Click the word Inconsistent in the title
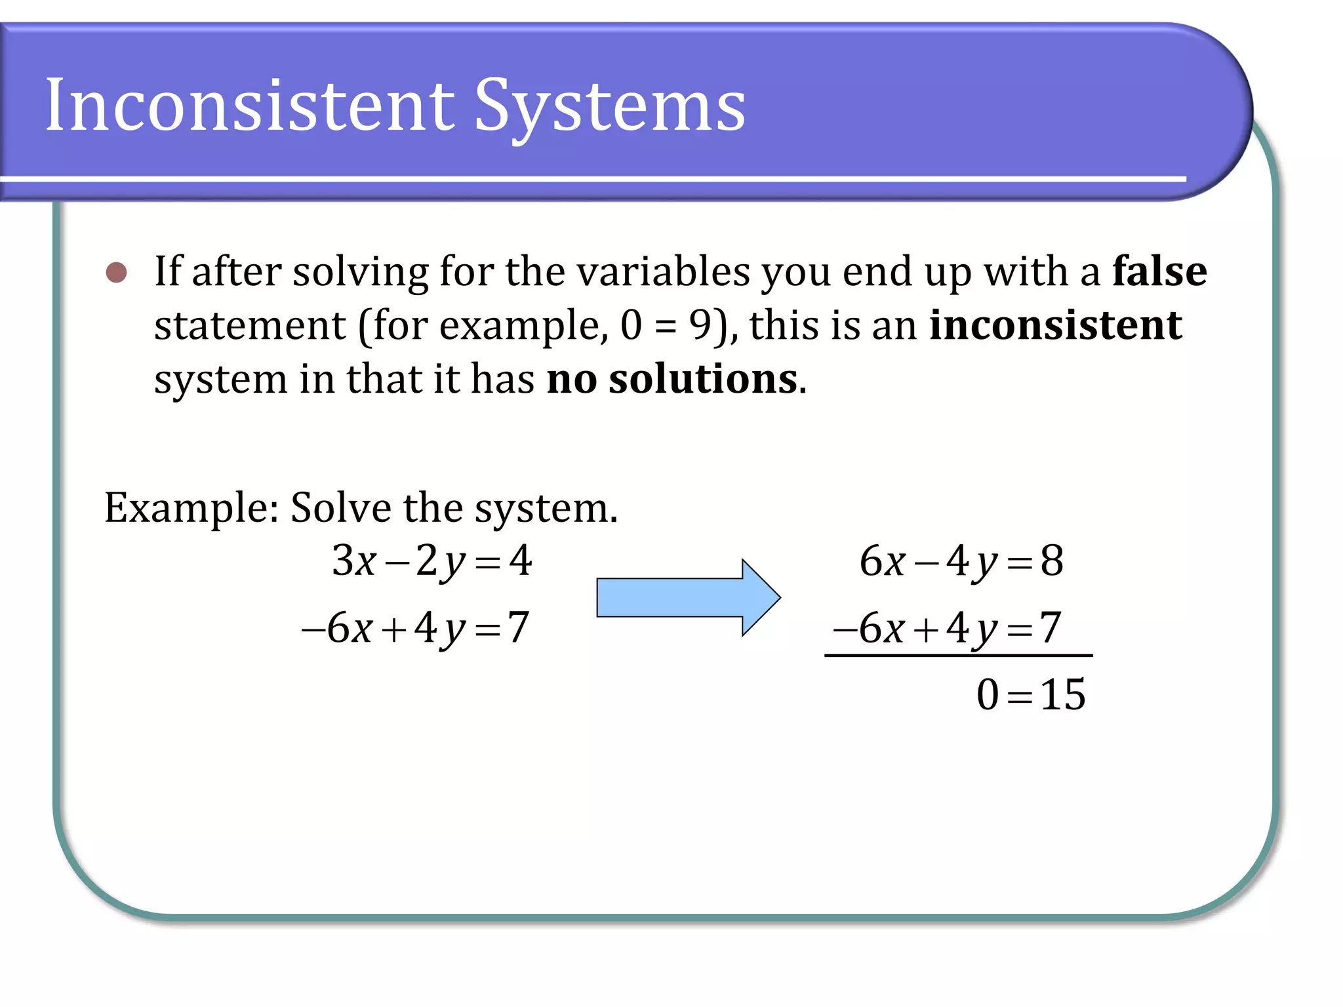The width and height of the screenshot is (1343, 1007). point(249,105)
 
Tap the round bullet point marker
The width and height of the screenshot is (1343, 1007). point(117,272)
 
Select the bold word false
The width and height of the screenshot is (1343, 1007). point(1159,271)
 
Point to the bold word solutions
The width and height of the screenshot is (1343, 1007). point(703,379)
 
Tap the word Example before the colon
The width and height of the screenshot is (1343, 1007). point(186,508)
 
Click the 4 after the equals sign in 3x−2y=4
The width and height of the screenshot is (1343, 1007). point(521,561)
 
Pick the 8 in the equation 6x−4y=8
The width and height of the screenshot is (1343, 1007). point(1052,561)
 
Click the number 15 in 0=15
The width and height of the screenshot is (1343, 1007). point(1062,694)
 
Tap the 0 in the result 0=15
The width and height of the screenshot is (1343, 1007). point(988,694)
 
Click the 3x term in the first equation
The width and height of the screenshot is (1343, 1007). point(354,561)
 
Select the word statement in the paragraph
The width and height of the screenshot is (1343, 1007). point(250,325)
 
